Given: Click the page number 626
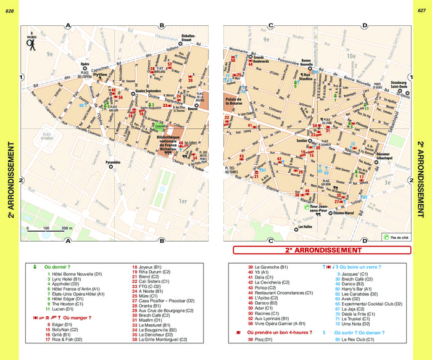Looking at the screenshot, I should point(9,10).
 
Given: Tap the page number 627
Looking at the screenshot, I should point(422,10).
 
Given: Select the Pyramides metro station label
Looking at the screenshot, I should point(112,163).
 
